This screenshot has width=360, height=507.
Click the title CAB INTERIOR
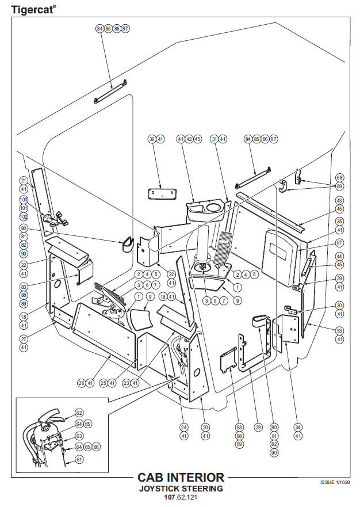[x=181, y=478]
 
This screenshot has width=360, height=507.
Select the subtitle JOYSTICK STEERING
[x=181, y=489]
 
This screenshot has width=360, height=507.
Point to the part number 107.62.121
[x=181, y=497]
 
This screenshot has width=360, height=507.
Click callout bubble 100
[x=24, y=200]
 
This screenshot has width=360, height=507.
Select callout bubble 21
[x=24, y=180]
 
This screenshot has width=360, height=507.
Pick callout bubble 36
[x=152, y=139]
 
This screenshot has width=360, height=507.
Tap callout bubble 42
[x=189, y=139]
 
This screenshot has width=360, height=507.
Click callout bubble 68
[x=339, y=178]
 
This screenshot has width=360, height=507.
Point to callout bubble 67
[x=339, y=242]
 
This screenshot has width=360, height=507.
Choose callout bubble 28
[x=258, y=428]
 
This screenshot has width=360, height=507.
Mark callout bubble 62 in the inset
[x=79, y=413]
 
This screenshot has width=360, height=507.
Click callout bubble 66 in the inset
[x=96, y=447]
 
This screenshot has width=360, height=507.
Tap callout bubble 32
[x=171, y=274]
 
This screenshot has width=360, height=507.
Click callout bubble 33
[x=339, y=330]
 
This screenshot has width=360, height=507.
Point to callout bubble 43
[x=339, y=200]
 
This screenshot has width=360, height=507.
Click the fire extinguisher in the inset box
[x=46, y=437]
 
